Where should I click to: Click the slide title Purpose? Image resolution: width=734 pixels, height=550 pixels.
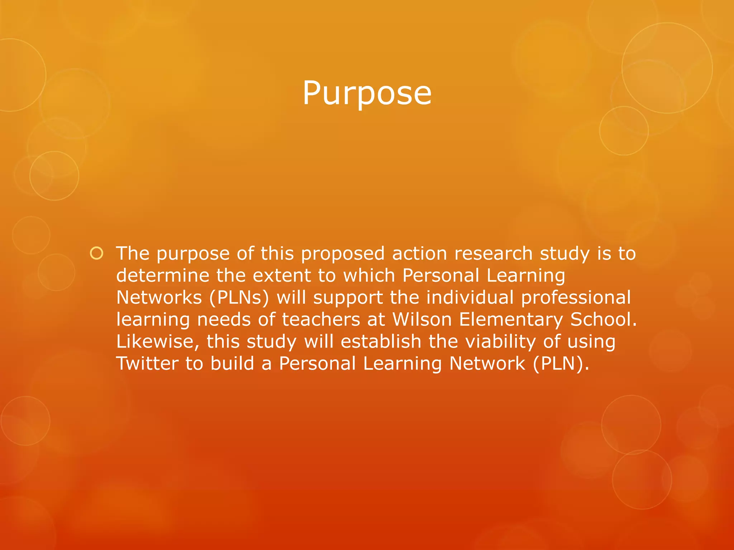coord(367,93)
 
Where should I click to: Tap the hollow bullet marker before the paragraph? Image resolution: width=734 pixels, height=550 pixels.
coord(96,254)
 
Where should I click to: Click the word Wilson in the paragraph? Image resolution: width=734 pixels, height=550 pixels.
coord(422,319)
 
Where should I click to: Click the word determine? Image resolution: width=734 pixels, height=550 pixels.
coord(163,275)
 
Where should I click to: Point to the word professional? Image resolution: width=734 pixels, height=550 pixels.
coord(576,298)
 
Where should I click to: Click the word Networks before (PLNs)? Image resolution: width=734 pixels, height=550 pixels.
coord(159,298)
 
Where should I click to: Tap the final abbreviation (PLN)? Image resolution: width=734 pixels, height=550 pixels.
coord(561,363)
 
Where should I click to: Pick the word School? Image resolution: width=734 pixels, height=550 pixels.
coord(604,319)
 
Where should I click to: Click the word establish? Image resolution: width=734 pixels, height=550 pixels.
coord(381,342)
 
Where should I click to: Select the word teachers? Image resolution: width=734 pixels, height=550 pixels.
coord(321,319)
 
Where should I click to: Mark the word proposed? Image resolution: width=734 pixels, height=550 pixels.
coord(343,254)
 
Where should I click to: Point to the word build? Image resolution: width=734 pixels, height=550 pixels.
coord(232,363)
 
